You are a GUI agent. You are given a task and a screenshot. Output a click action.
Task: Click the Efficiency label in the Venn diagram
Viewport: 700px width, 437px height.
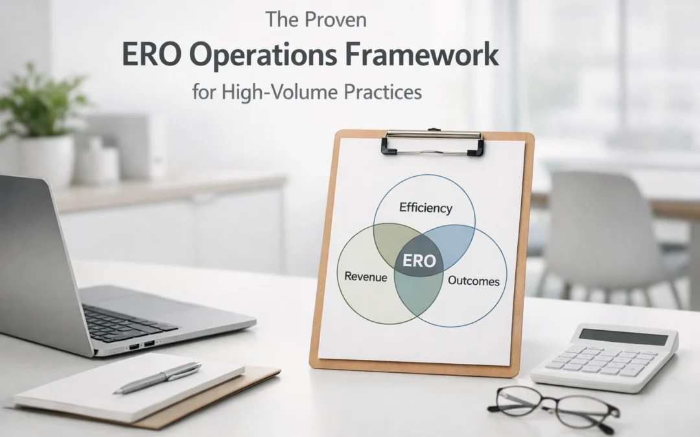click(426, 208)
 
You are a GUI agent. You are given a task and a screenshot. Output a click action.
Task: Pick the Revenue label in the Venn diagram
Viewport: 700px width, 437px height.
click(366, 277)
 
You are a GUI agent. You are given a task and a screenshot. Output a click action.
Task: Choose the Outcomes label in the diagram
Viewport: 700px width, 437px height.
click(474, 281)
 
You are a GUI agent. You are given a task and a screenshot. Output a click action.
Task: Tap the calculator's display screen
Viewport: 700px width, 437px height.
click(623, 337)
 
